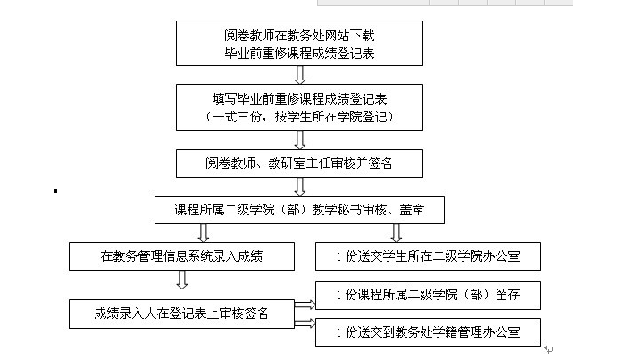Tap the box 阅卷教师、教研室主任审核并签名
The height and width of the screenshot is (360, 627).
(299, 163)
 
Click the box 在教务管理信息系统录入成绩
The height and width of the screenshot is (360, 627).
(182, 257)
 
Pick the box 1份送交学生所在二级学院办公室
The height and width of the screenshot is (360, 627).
(429, 257)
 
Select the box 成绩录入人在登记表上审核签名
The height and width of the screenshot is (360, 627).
(182, 313)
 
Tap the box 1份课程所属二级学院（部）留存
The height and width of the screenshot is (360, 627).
(429, 294)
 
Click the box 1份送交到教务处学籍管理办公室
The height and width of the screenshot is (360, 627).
(429, 333)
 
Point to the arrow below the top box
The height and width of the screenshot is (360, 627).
(299, 75)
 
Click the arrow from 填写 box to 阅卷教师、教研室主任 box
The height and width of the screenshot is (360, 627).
(299, 139)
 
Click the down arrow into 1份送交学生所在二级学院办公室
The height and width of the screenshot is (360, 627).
(396, 233)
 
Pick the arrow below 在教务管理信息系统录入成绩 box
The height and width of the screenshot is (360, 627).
(181, 280)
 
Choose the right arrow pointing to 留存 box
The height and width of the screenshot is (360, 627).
(305, 304)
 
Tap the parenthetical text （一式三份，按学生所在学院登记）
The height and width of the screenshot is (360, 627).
(299, 117)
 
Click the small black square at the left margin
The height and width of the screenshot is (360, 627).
(55, 190)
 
